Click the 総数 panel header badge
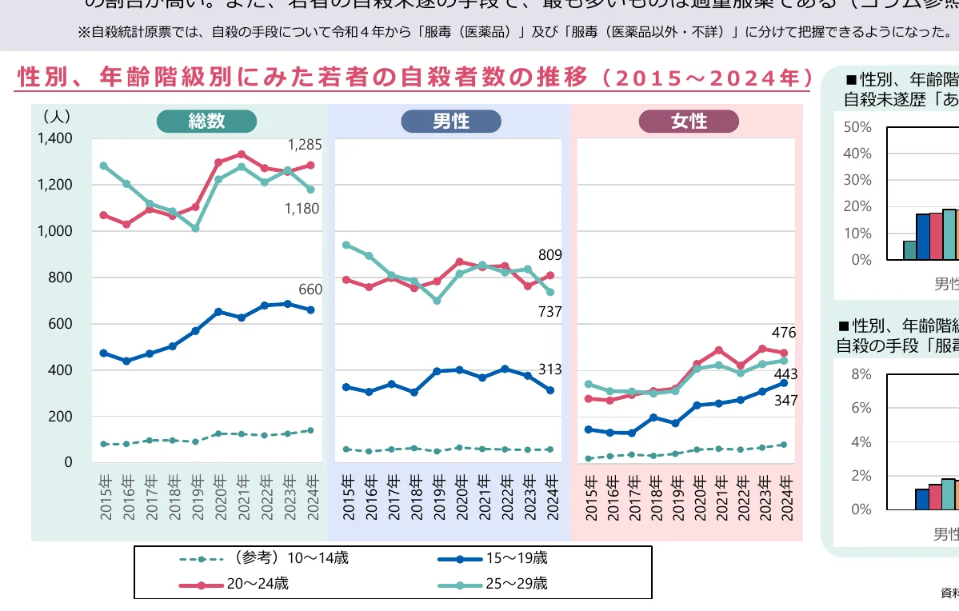(206, 122)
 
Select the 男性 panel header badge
(450, 122)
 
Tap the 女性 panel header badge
(689, 122)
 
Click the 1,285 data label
(304, 146)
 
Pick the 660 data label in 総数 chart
(310, 290)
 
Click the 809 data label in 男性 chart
(550, 255)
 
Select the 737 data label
(550, 313)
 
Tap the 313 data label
(550, 369)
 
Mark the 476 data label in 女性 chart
(785, 333)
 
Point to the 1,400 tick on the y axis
(54, 138)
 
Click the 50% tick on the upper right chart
(857, 127)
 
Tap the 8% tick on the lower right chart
(860, 374)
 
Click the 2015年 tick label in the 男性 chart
(347, 497)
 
